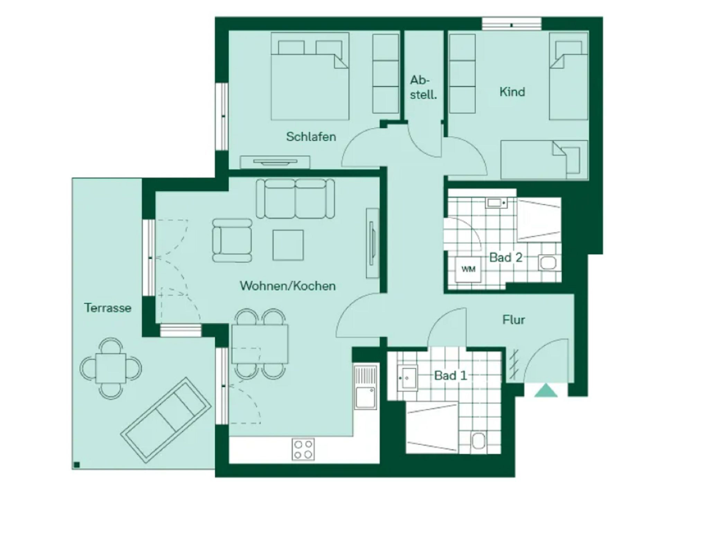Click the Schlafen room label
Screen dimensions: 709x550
point(311,137)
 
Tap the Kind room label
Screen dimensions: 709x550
point(512,92)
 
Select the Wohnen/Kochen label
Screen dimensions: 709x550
point(288,286)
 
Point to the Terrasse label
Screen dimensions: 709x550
point(108,308)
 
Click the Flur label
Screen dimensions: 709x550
point(513,320)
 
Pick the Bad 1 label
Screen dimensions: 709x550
point(451,376)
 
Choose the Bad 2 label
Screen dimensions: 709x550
point(505,258)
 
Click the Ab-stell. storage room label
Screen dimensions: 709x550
point(423,87)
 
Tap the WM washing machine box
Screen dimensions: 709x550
point(468,269)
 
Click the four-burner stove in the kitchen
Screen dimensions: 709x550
point(303,449)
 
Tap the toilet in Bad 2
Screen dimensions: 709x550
point(547,263)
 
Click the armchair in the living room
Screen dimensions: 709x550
point(232,241)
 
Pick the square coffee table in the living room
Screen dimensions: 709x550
point(288,245)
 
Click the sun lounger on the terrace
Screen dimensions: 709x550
point(166,420)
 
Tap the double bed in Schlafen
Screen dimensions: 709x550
point(310,76)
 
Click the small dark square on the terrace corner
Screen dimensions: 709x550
point(77,465)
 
